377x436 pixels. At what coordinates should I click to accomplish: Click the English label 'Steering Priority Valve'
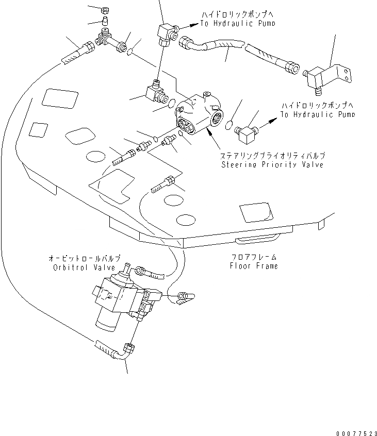272,165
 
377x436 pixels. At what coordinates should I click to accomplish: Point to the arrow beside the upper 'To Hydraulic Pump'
190,23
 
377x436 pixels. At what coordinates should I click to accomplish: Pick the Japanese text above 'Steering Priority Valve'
273,156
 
